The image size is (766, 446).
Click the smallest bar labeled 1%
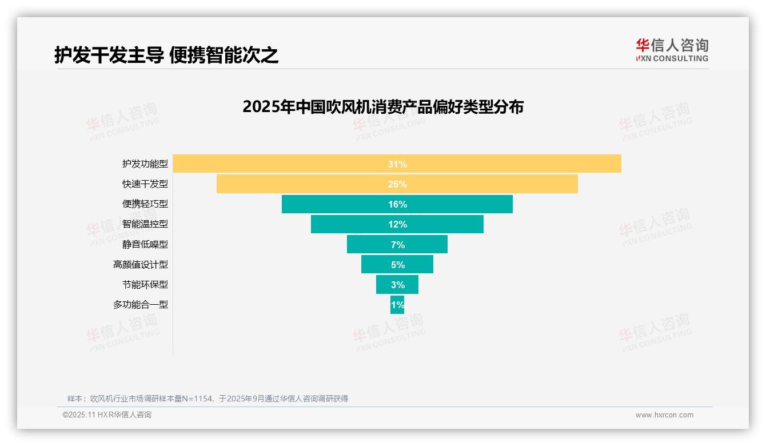tap(397, 305)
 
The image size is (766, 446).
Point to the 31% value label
tap(397, 164)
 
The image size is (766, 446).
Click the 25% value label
tap(397, 184)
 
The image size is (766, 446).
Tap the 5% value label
tap(397, 265)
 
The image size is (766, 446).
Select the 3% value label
tap(397, 285)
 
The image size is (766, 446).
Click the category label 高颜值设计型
tap(141, 265)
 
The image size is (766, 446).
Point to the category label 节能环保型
tap(145, 285)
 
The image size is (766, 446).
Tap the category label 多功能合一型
tap(141, 305)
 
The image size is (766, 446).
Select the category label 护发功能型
tap(145, 164)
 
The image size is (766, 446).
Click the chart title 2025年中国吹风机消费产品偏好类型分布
tap(383, 107)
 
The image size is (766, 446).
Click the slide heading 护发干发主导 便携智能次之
tap(166, 55)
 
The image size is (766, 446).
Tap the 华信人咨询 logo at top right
tap(672, 50)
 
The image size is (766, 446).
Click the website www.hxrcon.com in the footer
tap(664, 415)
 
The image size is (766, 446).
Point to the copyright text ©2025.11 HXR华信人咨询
tap(107, 415)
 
